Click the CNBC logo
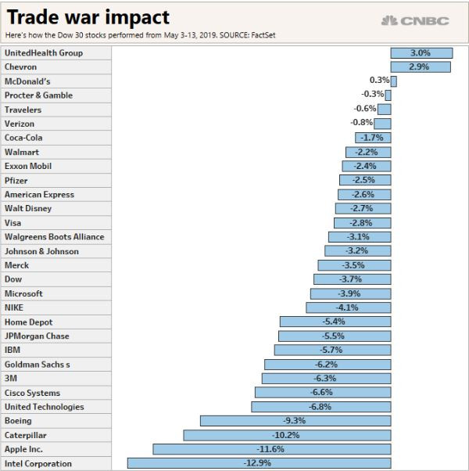point(415,20)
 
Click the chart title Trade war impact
point(88,17)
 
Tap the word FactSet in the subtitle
point(263,35)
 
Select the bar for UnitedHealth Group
point(421,53)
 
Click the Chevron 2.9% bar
point(421,67)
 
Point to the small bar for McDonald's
point(394,81)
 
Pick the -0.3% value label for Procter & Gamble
point(372,94)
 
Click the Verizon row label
point(20,124)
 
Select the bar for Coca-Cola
point(373,138)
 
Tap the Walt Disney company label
point(28,208)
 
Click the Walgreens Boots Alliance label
point(54,237)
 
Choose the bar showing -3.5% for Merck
point(354,265)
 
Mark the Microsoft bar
point(351,293)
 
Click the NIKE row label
point(14,307)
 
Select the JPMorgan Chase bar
point(335,336)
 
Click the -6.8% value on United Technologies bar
point(320,407)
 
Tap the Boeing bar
point(295,421)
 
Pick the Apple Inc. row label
point(23,449)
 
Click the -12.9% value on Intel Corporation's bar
point(257,463)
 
